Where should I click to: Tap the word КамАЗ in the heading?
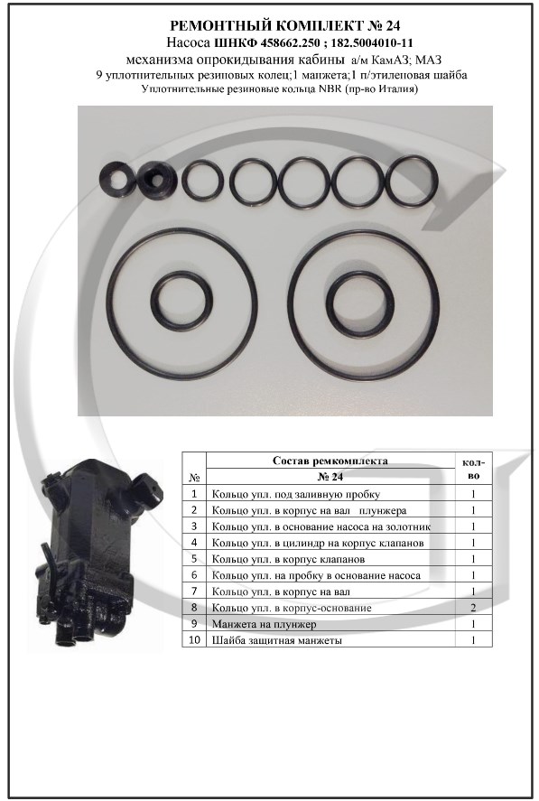[x=387, y=60]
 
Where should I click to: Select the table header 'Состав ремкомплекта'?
[x=330, y=461]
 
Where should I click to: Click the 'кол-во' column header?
[x=474, y=469]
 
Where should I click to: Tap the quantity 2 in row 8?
[x=474, y=608]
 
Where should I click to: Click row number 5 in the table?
[x=194, y=559]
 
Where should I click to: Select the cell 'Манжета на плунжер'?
[x=265, y=624]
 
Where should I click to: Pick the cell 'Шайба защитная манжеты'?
[x=277, y=640]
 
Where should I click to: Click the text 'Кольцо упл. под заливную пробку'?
[x=296, y=495]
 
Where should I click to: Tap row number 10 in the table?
[x=194, y=640]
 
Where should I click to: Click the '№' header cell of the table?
[x=194, y=478]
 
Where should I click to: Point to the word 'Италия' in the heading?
[x=397, y=89]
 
